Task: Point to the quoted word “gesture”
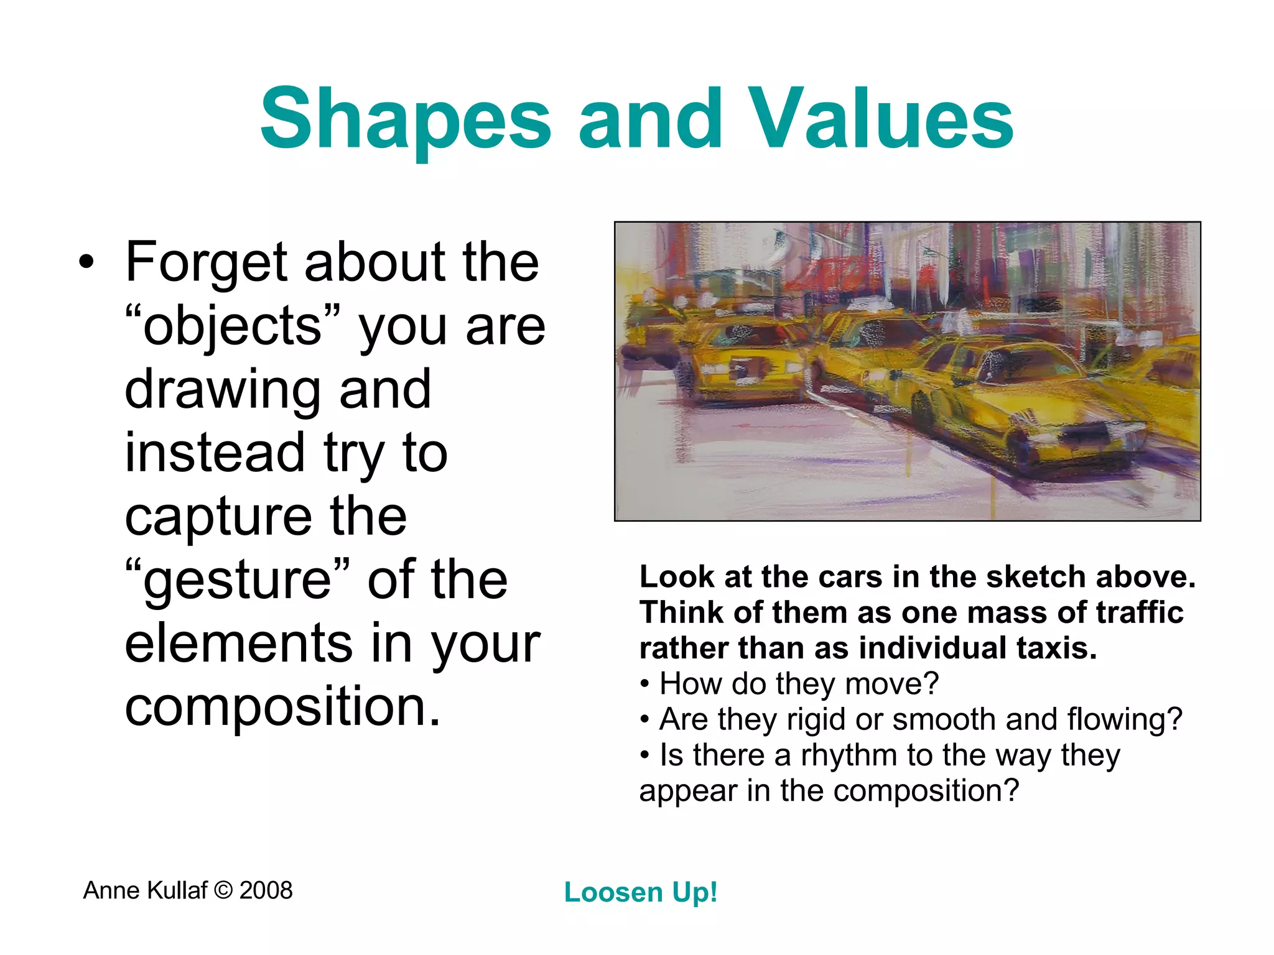point(237,579)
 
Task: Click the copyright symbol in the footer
point(223,890)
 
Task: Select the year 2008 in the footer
point(266,890)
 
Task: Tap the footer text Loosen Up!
point(641,892)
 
